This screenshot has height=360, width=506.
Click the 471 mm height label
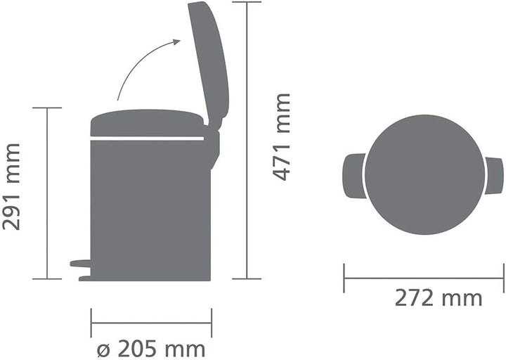(282, 136)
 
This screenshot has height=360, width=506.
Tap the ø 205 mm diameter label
(151, 349)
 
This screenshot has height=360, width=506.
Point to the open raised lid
(209, 60)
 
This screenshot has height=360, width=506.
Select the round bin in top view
(424, 174)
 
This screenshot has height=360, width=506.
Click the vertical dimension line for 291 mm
(47, 193)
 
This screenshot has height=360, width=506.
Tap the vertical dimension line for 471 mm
(247, 141)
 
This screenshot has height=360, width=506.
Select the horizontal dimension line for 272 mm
(424, 278)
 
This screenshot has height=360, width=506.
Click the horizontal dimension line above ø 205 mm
(151, 323)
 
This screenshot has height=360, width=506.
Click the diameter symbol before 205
(102, 349)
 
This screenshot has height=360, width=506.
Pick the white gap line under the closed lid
(148, 139)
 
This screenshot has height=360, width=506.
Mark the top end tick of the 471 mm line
(247, 2)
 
